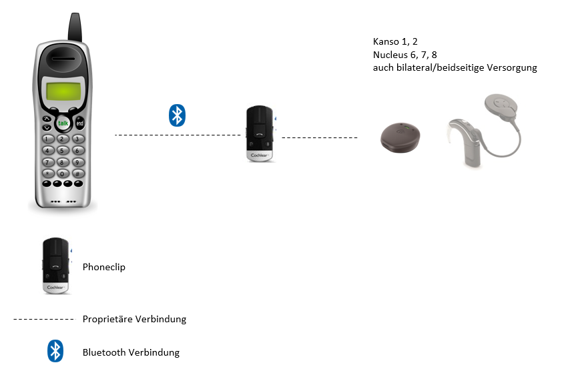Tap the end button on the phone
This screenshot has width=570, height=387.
click(x=79, y=123)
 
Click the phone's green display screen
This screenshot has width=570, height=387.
click(x=63, y=91)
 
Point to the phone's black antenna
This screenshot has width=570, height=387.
click(x=75, y=27)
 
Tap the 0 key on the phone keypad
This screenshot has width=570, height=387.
click(x=62, y=173)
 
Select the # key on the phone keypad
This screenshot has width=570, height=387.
click(x=78, y=173)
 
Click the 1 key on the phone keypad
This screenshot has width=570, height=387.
click(x=47, y=139)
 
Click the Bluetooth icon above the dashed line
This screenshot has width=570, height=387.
click(x=177, y=115)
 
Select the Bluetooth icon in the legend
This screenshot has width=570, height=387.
click(x=55, y=351)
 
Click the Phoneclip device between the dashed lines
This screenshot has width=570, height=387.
click(x=260, y=133)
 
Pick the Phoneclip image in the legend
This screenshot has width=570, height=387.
click(x=57, y=266)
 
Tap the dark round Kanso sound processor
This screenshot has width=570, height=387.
click(x=400, y=137)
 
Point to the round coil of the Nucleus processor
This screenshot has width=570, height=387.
click(x=501, y=107)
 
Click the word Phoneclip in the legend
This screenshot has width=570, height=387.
click(x=104, y=267)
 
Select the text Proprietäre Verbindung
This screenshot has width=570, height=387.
click(x=134, y=319)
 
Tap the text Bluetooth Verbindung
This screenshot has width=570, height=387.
click(x=131, y=352)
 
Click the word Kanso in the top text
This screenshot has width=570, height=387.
click(x=386, y=41)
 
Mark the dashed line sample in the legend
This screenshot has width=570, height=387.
click(x=43, y=320)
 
